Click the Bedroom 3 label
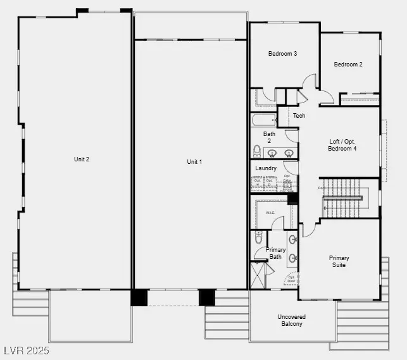click(282, 54)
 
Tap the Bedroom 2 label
click(348, 64)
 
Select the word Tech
click(299, 116)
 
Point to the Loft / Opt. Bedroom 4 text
click(342, 145)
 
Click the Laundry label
click(266, 168)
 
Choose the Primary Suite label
click(339, 261)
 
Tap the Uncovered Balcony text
click(291, 320)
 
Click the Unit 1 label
click(194, 162)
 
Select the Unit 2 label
click(82, 159)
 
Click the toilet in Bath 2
click(257, 151)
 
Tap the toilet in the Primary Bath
click(258, 237)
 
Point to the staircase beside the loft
click(341, 198)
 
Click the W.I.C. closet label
click(270, 213)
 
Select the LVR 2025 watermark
click(26, 350)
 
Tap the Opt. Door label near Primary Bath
click(291, 278)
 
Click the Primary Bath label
click(275, 253)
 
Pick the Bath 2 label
click(270, 137)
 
